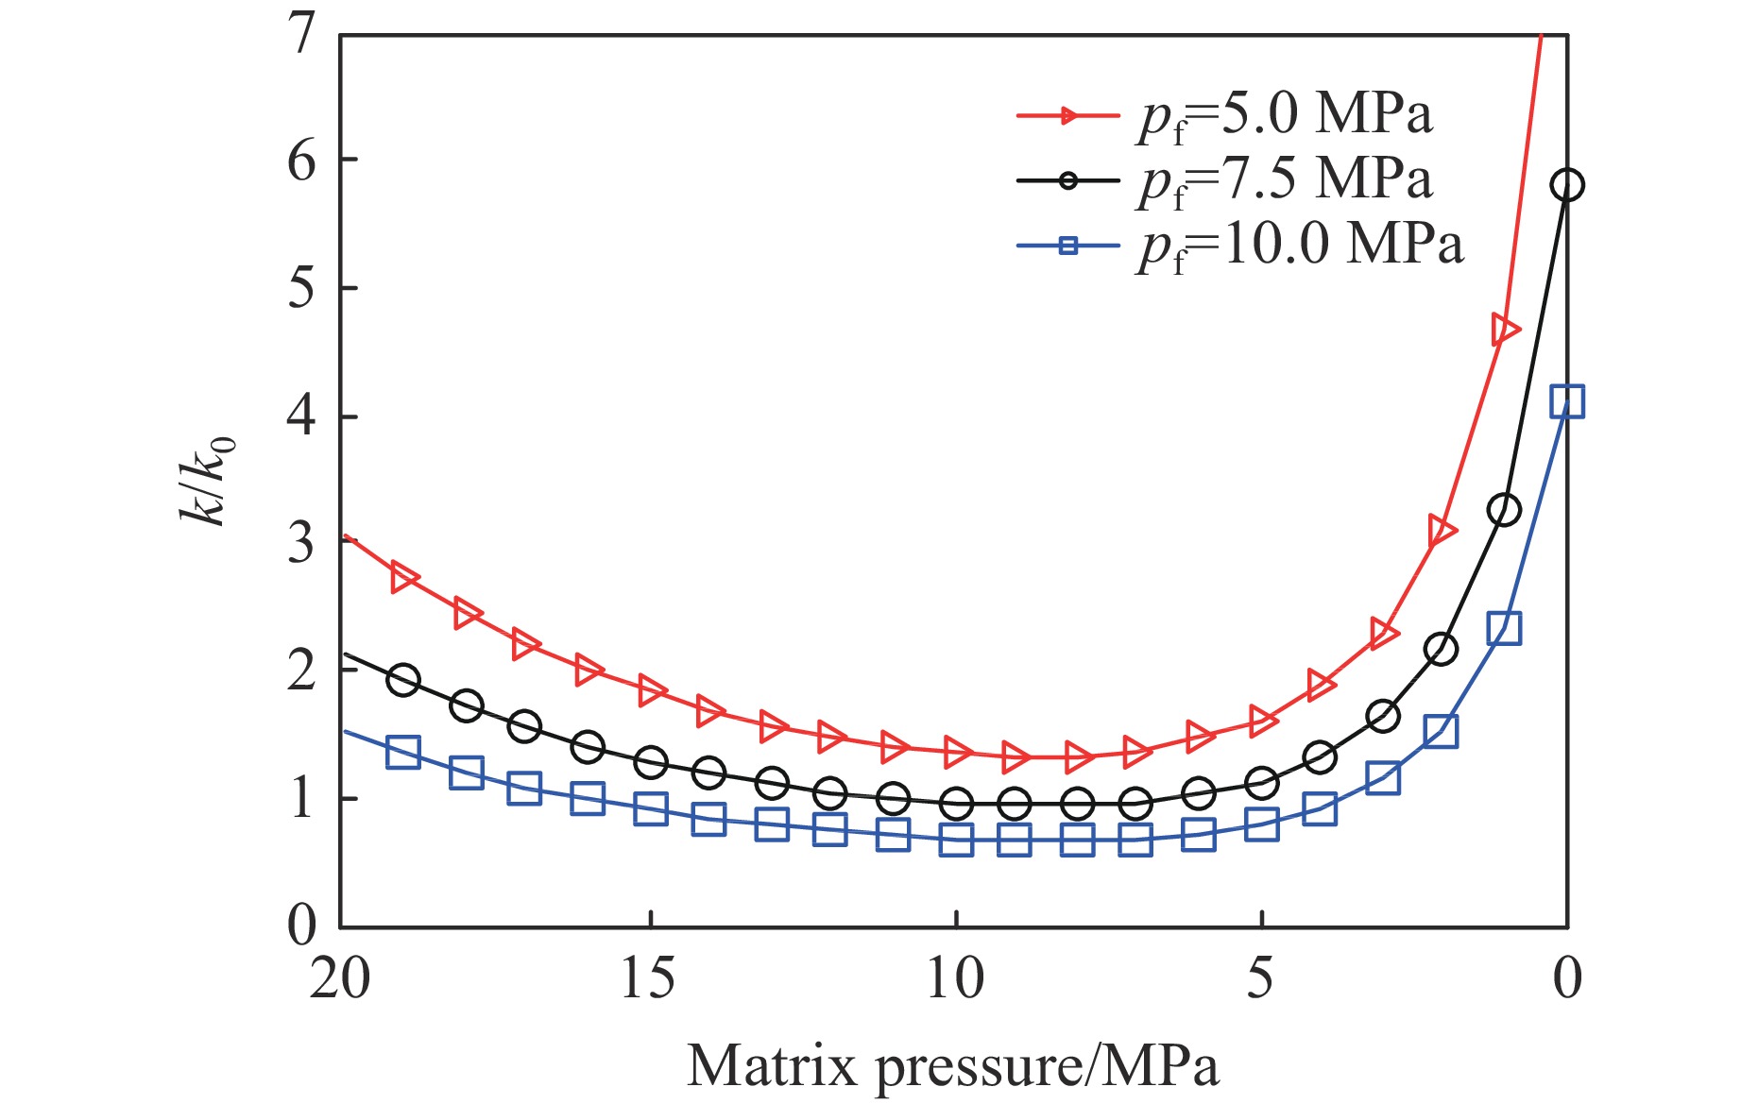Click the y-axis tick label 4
pos(301,416)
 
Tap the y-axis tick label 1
pos(301,799)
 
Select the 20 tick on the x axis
pos(340,978)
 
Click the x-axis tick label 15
pos(648,978)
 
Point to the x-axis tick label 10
pos(956,978)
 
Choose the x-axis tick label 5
pos(1261,978)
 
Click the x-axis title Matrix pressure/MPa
pos(953,1066)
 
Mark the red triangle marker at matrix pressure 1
pos(1505,330)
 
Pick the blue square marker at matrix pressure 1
pos(1504,628)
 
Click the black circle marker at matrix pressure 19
pos(403,680)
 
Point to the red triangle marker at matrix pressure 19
pos(404,578)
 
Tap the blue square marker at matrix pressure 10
pos(956,840)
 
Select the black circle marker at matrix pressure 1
pos(1504,510)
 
